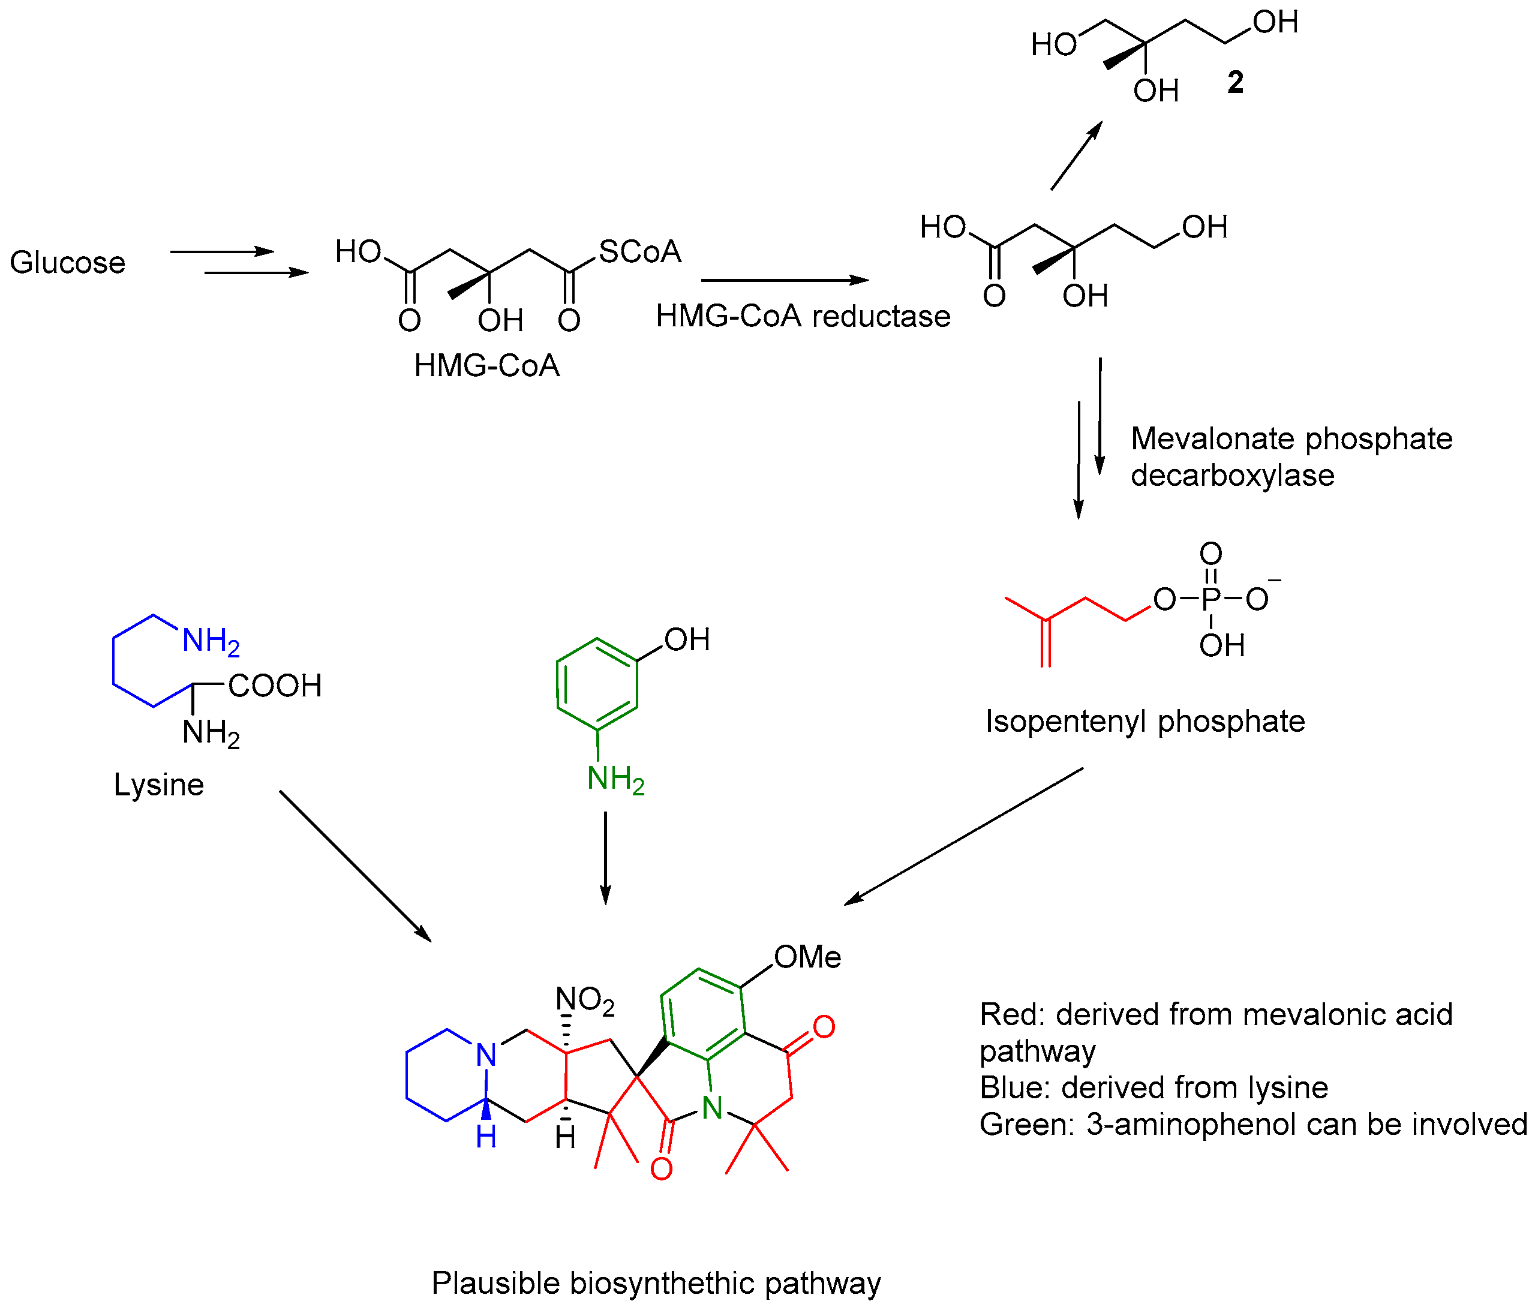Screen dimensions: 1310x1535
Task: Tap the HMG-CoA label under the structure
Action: pos(486,366)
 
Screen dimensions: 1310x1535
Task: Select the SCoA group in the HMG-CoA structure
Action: pos(639,252)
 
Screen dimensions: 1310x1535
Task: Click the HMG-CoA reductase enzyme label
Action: pos(803,316)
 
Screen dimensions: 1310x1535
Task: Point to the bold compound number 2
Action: pos(1235,83)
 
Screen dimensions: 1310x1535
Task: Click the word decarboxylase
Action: pos(1232,475)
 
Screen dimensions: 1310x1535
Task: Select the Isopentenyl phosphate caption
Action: pos(1145,721)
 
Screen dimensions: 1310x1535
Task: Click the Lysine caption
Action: pos(158,785)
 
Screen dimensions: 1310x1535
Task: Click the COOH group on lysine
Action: pos(275,686)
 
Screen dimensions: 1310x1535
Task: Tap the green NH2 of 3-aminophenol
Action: pos(615,780)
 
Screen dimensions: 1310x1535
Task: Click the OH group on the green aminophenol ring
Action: pos(687,640)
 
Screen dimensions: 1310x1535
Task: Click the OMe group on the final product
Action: pos(807,957)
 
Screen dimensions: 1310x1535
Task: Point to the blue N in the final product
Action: pos(486,1054)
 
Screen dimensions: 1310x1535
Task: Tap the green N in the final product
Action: pos(712,1108)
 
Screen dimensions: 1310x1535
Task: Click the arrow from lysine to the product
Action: pos(355,866)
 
